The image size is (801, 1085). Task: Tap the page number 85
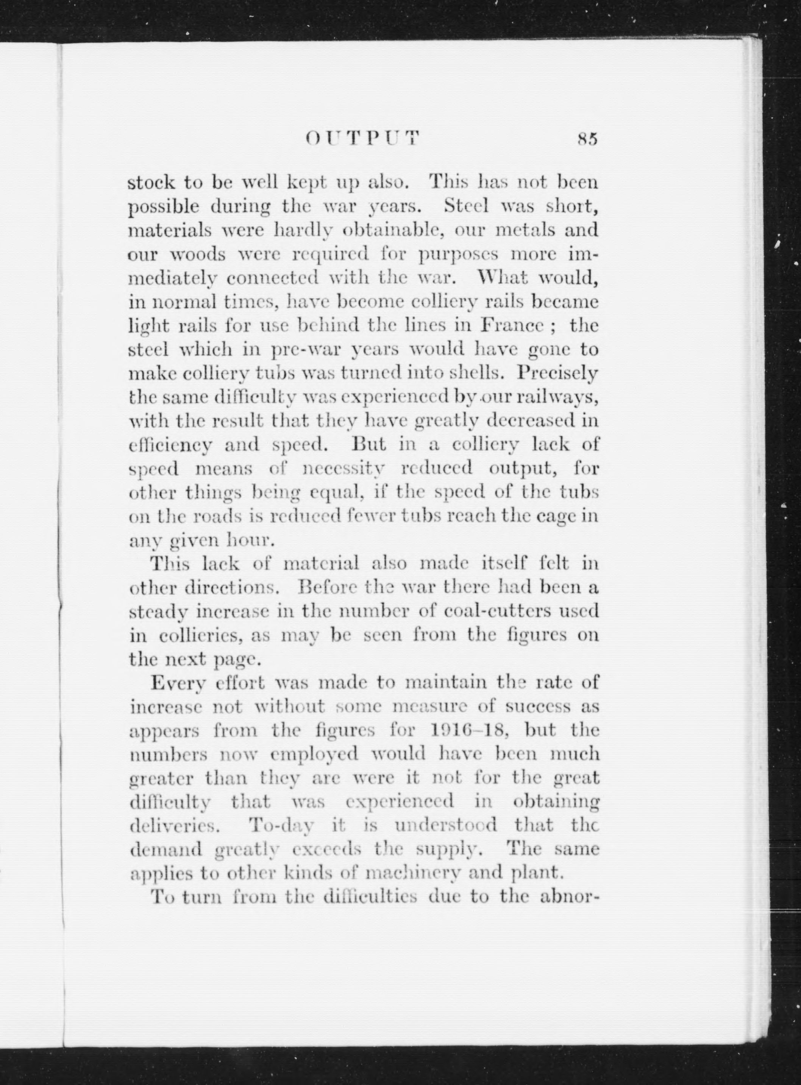pyautogui.click(x=587, y=139)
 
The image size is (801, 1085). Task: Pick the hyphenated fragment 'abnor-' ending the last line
pyautogui.click(x=569, y=896)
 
